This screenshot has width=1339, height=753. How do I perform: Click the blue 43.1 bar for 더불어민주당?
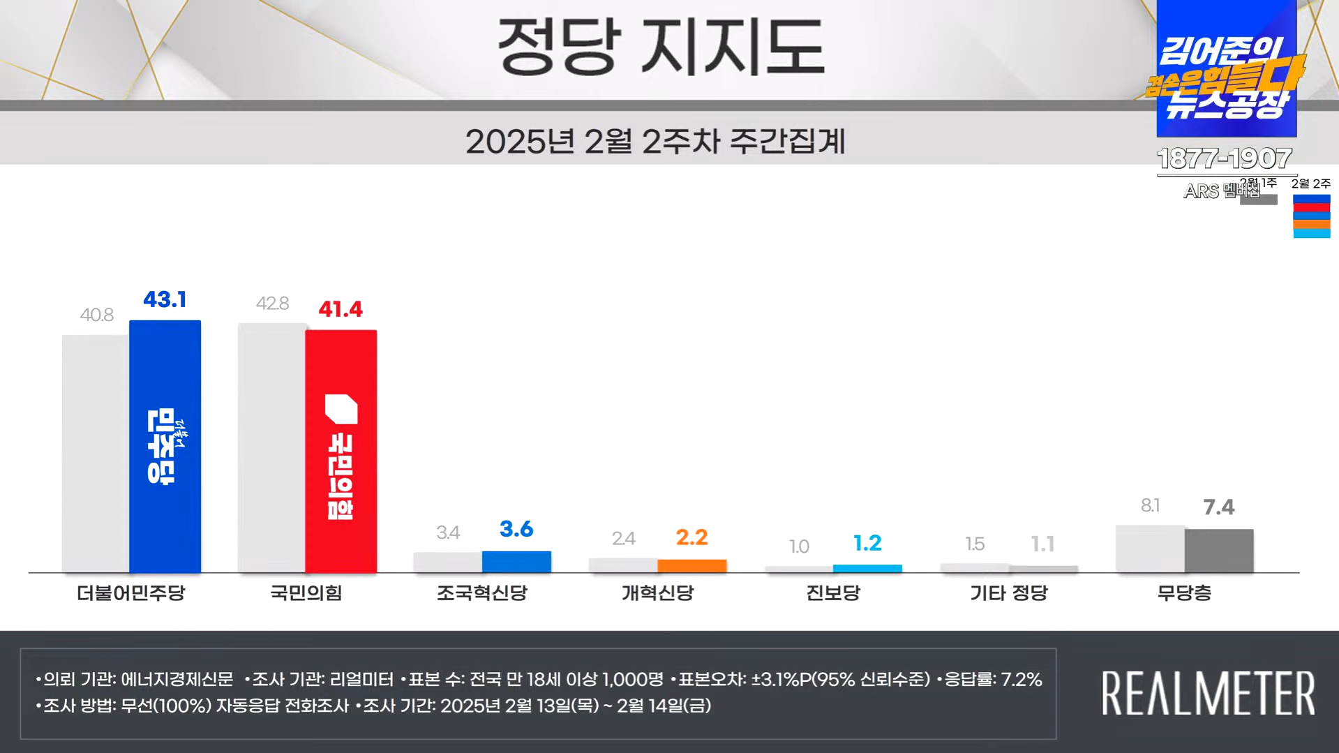click(x=165, y=447)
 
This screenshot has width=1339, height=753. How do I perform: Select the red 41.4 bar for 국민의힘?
click(x=341, y=452)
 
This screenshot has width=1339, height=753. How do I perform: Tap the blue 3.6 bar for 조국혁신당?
click(x=516, y=562)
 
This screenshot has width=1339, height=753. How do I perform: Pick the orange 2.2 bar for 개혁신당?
click(x=691, y=566)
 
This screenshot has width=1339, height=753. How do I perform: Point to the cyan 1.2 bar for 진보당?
click(x=867, y=569)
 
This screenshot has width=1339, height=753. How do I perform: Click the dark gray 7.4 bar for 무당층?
click(x=1219, y=551)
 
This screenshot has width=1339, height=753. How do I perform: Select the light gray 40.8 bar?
click(x=96, y=454)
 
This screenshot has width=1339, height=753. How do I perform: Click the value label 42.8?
click(x=272, y=304)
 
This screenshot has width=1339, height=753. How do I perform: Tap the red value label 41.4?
click(x=341, y=309)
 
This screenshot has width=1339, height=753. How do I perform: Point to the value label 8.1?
click(x=1150, y=506)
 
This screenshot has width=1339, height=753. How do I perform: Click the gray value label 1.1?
click(x=1042, y=544)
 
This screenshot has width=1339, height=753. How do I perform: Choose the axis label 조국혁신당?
click(x=482, y=593)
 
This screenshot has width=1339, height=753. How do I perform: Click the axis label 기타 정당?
click(x=1009, y=593)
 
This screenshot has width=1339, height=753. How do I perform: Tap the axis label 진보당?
click(x=833, y=593)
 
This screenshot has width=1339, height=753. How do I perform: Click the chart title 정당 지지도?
click(x=661, y=47)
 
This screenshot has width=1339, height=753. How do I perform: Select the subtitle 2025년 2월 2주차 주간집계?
click(x=655, y=142)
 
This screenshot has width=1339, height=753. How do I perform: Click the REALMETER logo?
click(x=1209, y=693)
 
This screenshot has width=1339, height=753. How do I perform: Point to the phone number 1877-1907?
click(x=1225, y=158)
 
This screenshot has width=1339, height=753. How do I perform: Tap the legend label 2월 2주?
click(x=1311, y=184)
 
